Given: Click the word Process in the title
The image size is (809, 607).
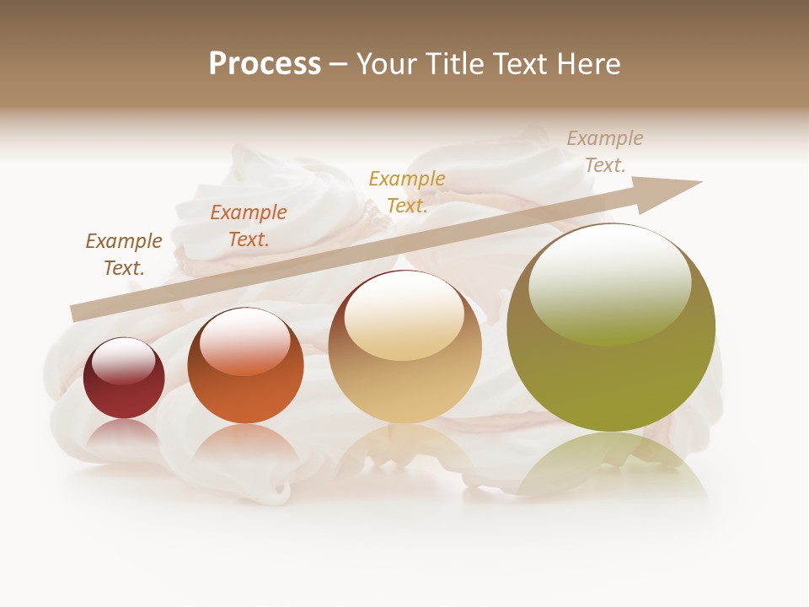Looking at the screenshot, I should click(265, 64).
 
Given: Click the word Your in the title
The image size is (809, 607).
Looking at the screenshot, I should click(387, 64).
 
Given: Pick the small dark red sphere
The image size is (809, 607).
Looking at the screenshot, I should click(124, 379).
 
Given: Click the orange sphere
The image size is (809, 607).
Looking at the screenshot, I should click(245, 366).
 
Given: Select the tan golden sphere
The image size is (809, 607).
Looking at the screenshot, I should click(404, 347).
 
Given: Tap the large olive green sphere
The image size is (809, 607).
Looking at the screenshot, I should click(611, 327).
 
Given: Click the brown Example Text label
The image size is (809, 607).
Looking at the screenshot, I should click(124, 254).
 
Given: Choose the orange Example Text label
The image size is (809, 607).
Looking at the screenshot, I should click(249, 225).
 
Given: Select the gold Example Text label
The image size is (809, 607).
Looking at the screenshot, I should click(407, 191).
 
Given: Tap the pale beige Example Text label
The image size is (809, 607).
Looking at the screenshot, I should click(604, 151).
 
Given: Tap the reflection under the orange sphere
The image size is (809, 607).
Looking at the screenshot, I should click(245, 447).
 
